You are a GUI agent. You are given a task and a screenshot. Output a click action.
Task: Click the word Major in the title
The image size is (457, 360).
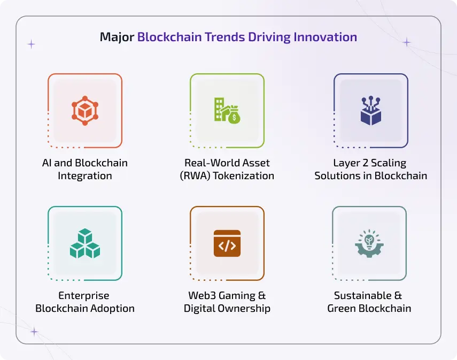(x=117, y=37)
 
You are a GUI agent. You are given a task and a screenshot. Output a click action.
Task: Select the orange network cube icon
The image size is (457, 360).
(x=85, y=110)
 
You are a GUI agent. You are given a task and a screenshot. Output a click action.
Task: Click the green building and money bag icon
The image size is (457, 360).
(x=227, y=110)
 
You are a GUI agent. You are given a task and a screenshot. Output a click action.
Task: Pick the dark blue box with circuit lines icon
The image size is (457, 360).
(x=370, y=110)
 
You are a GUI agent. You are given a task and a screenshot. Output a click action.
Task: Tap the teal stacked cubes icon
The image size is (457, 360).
(x=85, y=243)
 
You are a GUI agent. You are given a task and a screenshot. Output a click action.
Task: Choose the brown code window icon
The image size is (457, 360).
(x=227, y=243)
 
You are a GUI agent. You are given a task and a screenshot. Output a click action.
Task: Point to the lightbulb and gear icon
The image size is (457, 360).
(x=369, y=243)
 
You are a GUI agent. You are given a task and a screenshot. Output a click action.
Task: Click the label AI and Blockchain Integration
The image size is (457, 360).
(x=85, y=169)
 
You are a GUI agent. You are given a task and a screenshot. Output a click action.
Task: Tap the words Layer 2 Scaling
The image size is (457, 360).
(x=370, y=163)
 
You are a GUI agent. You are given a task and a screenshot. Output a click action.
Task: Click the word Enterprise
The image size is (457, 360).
(x=84, y=295)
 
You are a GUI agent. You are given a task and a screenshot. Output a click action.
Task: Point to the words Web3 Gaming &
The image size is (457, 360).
(x=227, y=295)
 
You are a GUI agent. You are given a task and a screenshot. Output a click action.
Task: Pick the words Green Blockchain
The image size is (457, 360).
(x=369, y=308)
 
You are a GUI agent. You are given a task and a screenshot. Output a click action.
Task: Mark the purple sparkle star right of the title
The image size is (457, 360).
(x=407, y=42)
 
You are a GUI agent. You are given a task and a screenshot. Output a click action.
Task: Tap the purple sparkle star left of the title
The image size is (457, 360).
(x=32, y=44)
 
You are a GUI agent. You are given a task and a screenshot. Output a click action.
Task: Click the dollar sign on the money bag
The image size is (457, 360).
(x=234, y=118)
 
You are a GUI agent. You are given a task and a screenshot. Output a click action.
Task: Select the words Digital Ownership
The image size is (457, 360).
(x=227, y=308)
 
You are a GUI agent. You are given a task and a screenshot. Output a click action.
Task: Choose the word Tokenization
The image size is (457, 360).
(x=244, y=175)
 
